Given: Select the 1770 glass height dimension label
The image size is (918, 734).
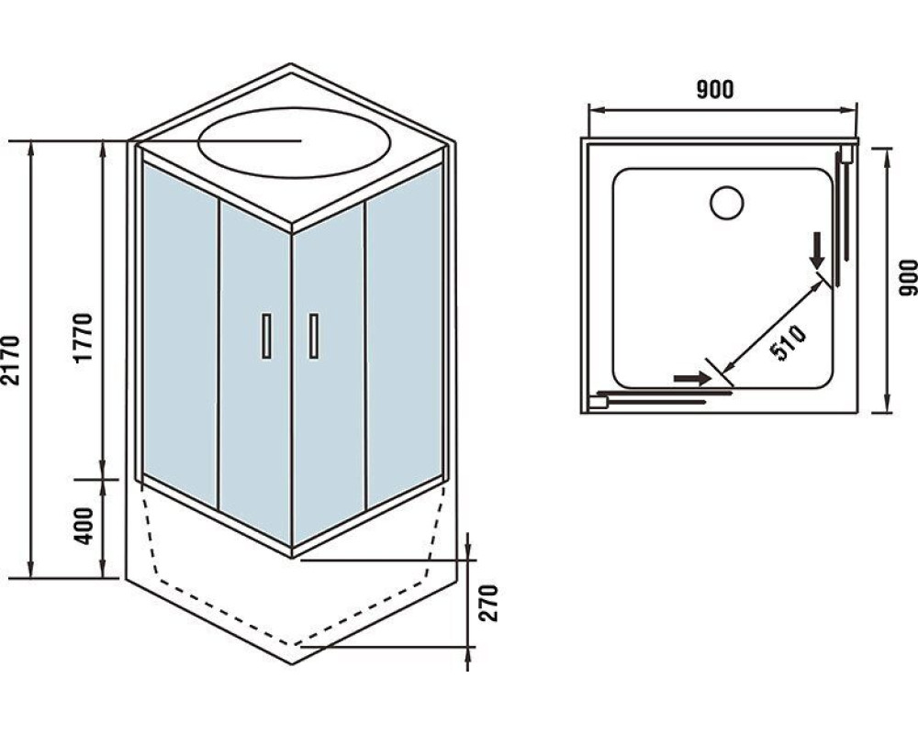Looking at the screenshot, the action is coord(84,339).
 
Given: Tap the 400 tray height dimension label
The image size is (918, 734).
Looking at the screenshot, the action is coord(84,527).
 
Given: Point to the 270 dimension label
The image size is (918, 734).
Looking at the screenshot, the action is coord(488,603).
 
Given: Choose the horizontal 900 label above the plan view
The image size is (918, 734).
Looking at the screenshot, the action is coord(715,90).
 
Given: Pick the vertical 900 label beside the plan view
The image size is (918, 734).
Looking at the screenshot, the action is coord(908,277).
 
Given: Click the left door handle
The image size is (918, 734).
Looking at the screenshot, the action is coord(267,336).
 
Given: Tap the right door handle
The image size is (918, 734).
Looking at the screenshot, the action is coord(314,336).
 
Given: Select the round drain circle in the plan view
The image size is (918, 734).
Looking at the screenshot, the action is coord(726,203).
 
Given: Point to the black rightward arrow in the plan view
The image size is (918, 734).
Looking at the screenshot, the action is coord(692,378).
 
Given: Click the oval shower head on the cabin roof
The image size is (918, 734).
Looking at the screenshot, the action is coord(294,142).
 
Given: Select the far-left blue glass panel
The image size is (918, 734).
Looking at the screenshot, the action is coord(180,334).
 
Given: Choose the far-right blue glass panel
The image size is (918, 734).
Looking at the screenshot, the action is coord(404,336).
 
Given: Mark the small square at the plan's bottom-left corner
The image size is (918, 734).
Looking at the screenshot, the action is coord(599,402).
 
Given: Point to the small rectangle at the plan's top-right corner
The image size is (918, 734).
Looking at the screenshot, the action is coord(845,154).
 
